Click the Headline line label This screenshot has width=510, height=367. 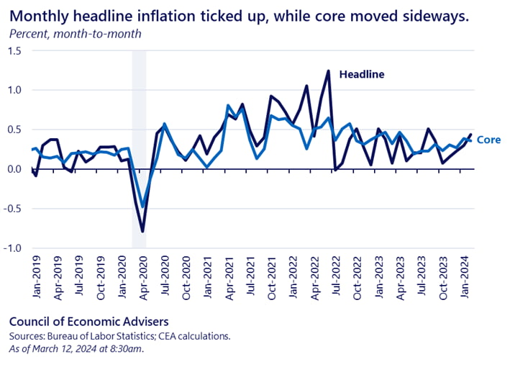(x=362, y=74)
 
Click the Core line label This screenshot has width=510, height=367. (x=489, y=140)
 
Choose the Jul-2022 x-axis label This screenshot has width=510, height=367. (x=334, y=273)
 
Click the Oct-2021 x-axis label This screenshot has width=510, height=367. (x=271, y=273)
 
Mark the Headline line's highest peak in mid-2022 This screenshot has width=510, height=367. (x=328, y=71)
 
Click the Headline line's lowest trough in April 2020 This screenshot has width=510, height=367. (x=143, y=231)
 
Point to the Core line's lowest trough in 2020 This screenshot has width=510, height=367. (x=143, y=207)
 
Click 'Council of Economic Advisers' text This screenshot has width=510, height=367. (x=88, y=322)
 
